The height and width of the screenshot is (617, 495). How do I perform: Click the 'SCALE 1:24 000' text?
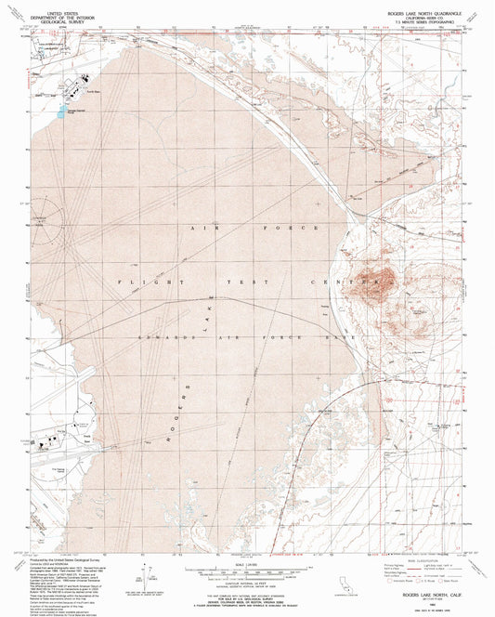[247, 561]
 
